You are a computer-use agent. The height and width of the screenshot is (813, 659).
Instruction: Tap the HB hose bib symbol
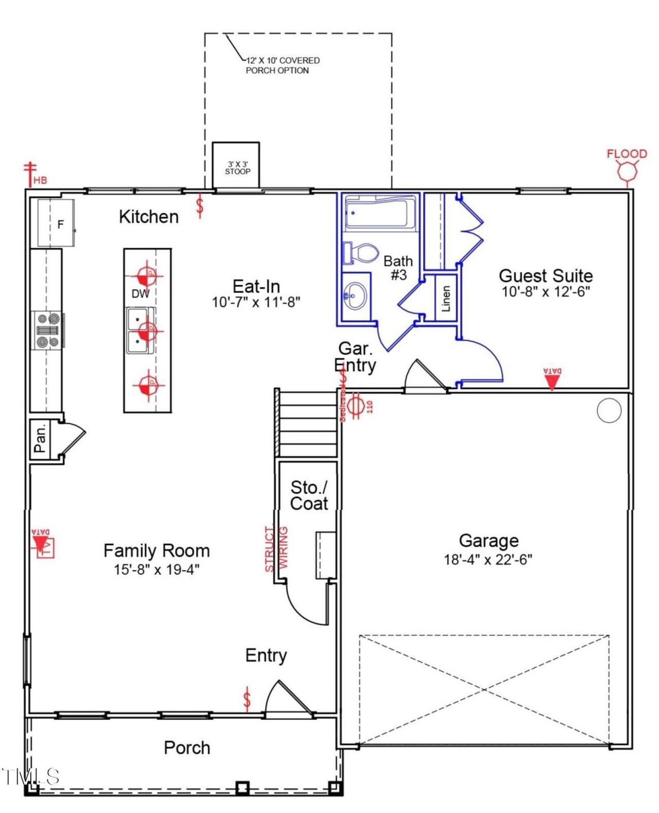pyautogui.click(x=31, y=174)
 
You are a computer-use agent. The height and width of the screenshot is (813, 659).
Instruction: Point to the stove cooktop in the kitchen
pyautogui.click(x=48, y=331)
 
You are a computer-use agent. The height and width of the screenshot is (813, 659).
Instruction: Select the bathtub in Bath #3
pyautogui.click(x=379, y=212)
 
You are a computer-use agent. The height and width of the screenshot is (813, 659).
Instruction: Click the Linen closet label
pyautogui.click(x=446, y=298)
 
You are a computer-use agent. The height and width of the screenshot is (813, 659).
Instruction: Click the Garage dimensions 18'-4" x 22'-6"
pyautogui.click(x=488, y=559)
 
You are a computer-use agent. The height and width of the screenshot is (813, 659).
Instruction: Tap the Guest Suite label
pyautogui.click(x=546, y=275)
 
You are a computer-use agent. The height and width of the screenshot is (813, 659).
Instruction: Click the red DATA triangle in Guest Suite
pyautogui.click(x=552, y=381)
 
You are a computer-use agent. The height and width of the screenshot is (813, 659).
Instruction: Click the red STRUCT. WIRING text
pyautogui.click(x=276, y=548)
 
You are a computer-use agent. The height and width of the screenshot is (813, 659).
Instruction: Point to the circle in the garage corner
pyautogui.click(x=609, y=410)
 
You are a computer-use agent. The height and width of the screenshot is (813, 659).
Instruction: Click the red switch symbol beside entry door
pyautogui.click(x=248, y=699)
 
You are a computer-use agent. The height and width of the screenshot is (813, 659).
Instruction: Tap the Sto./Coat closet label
pyautogui.click(x=308, y=495)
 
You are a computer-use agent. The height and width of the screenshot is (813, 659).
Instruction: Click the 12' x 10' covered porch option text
pyautogui.click(x=282, y=65)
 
